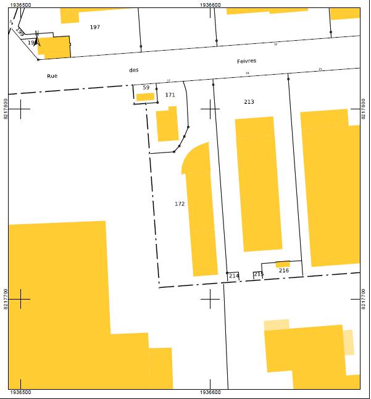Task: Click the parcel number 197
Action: tap(94, 27)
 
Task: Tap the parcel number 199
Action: tap(20, 30)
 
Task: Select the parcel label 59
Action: tap(146, 88)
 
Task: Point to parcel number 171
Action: tap(170, 95)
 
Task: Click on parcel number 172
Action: tap(180, 204)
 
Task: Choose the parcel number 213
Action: tap(249, 102)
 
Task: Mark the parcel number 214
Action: tap(234, 276)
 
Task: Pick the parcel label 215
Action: tap(259, 274)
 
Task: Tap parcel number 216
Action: tap(284, 271)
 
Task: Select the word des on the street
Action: tap(134, 70)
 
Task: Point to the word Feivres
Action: tap(246, 61)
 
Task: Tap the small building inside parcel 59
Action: tap(145, 96)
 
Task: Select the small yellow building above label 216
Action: tap(283, 264)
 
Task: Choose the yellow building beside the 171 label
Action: tap(167, 125)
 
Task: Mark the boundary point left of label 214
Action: tap(227, 273)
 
